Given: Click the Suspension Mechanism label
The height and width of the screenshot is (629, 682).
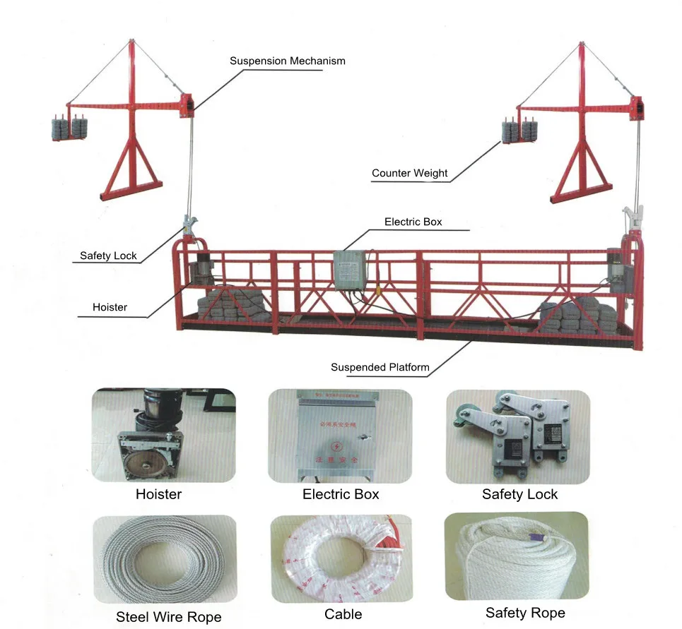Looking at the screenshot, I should click(x=287, y=61).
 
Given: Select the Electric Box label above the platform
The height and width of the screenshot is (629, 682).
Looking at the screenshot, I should click(x=413, y=222).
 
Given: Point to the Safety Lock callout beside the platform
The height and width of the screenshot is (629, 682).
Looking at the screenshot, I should click(x=108, y=256).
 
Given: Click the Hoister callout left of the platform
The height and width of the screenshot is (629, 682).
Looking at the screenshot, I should click(x=110, y=307).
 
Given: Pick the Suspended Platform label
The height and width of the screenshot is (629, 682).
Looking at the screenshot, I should click(x=380, y=367).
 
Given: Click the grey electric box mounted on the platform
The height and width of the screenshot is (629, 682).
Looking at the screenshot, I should click(x=351, y=268).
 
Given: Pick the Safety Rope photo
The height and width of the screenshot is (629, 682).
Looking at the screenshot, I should click(x=517, y=556).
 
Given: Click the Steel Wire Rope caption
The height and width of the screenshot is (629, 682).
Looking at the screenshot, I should click(x=168, y=617).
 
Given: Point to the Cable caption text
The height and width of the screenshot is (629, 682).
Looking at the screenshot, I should click(x=343, y=614).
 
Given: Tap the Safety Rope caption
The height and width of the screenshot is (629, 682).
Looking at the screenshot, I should click(x=525, y=613).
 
